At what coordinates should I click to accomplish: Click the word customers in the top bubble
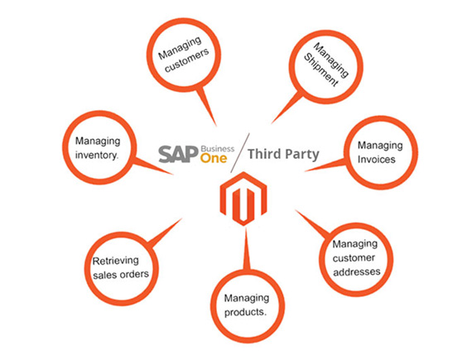point(187,60)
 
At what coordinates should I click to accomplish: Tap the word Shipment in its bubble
point(320,70)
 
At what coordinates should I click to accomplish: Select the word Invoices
point(377,159)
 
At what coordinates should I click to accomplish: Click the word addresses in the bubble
point(357,271)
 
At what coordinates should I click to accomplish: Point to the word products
point(245,312)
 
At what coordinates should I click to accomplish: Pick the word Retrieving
point(116,262)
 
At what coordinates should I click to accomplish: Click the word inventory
point(97,155)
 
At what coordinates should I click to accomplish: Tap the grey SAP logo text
point(178,154)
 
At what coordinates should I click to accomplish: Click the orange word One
point(214,158)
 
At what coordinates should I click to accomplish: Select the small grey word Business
point(218,149)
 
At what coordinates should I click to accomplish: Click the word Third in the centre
point(264,154)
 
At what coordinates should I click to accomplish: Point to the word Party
point(301,155)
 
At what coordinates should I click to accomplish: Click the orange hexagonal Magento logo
point(243,199)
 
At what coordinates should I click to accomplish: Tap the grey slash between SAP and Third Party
point(240,153)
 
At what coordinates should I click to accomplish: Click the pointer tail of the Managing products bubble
point(246,248)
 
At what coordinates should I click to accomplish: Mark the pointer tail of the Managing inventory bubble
point(152,166)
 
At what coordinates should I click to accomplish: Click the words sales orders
point(121,275)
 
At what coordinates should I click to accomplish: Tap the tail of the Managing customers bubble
point(206,106)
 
